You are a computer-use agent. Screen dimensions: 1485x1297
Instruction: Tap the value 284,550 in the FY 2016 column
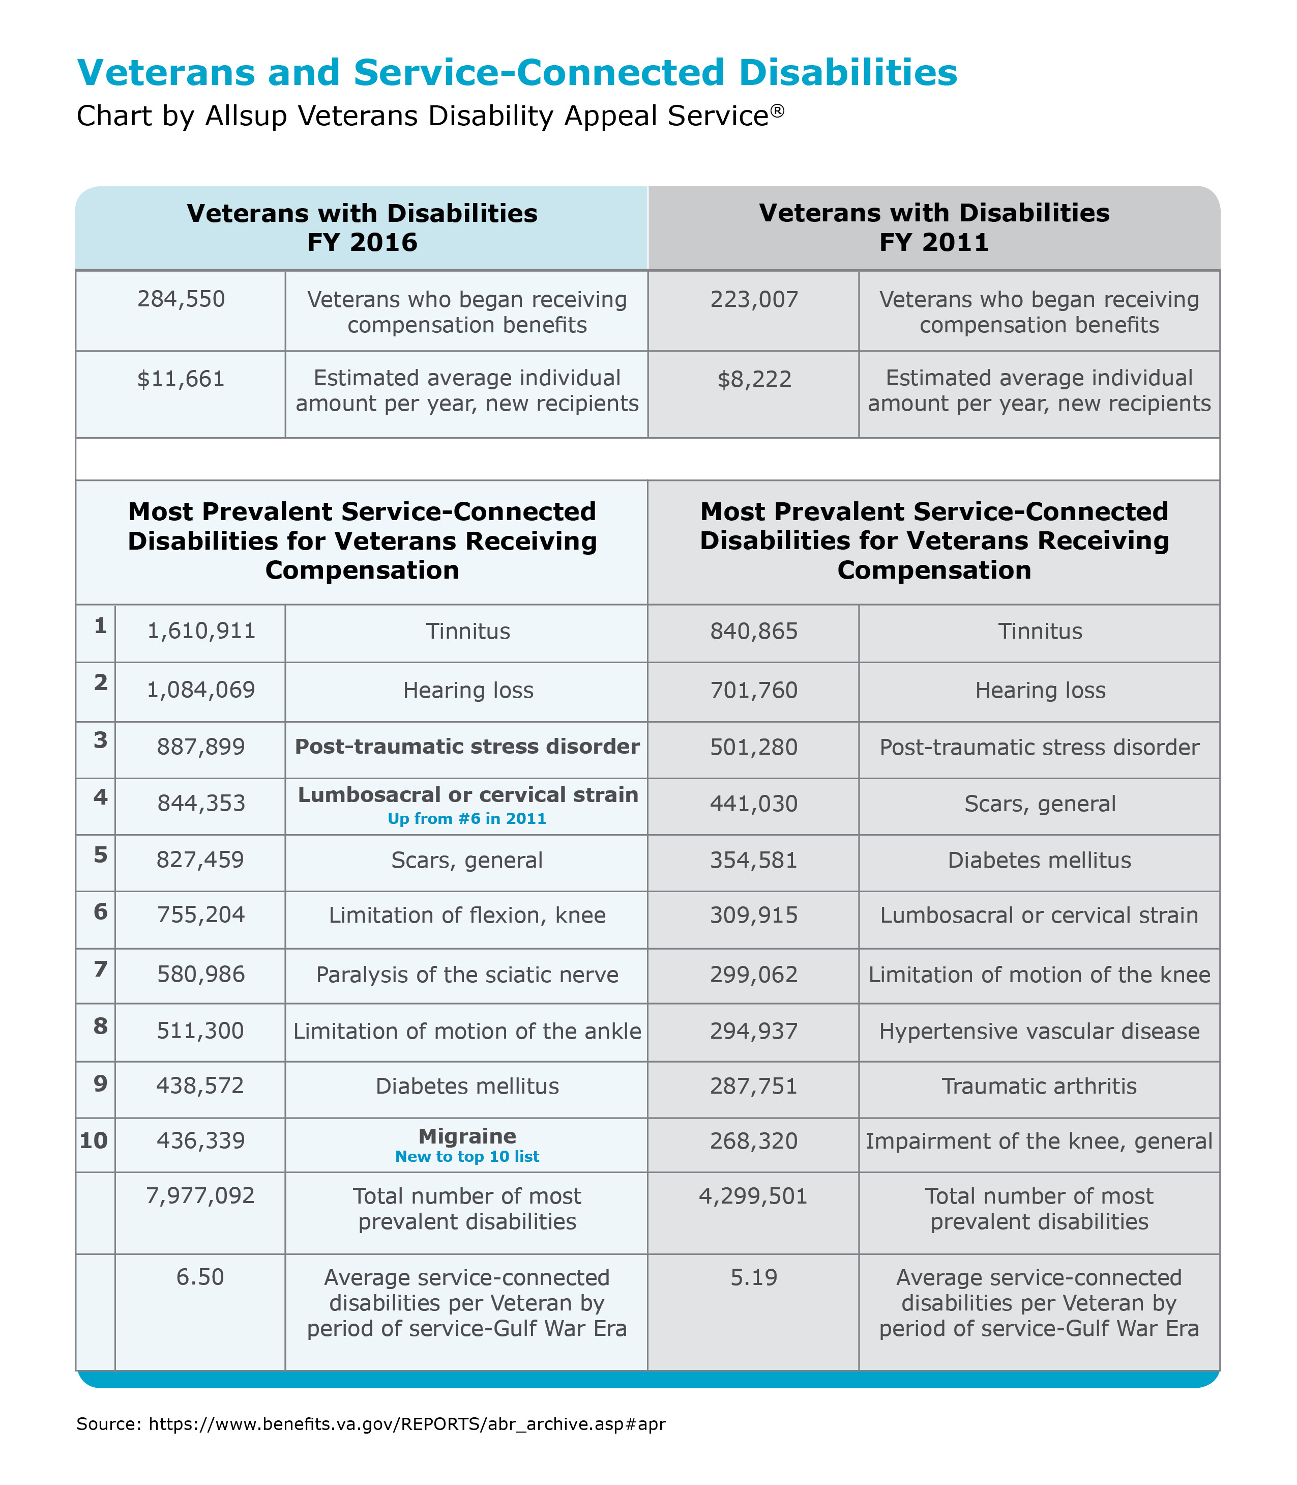point(181,299)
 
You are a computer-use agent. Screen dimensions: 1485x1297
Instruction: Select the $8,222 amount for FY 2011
point(754,379)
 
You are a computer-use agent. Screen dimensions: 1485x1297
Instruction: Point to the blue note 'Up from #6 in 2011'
point(467,819)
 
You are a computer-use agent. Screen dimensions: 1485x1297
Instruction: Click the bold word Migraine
point(467,1135)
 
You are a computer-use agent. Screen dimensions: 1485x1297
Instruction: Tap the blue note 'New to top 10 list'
point(467,1156)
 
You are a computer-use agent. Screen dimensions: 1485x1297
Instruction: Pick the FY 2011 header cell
point(934,227)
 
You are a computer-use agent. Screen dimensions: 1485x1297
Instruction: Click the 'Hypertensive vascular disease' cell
point(1039,1031)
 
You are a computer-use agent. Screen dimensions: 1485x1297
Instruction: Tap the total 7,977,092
point(200,1195)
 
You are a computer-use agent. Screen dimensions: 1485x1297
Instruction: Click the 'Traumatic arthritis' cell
point(1039,1086)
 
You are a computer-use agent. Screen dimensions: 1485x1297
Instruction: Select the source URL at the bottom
point(407,1424)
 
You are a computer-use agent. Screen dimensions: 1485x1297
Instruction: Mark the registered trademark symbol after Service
point(777,110)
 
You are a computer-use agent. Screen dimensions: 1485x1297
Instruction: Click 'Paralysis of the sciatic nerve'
point(467,975)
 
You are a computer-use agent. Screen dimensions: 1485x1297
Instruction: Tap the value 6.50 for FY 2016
point(200,1277)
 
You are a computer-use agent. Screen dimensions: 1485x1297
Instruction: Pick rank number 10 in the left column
point(94,1141)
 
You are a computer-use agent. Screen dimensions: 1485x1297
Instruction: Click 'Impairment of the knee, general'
point(1039,1141)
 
